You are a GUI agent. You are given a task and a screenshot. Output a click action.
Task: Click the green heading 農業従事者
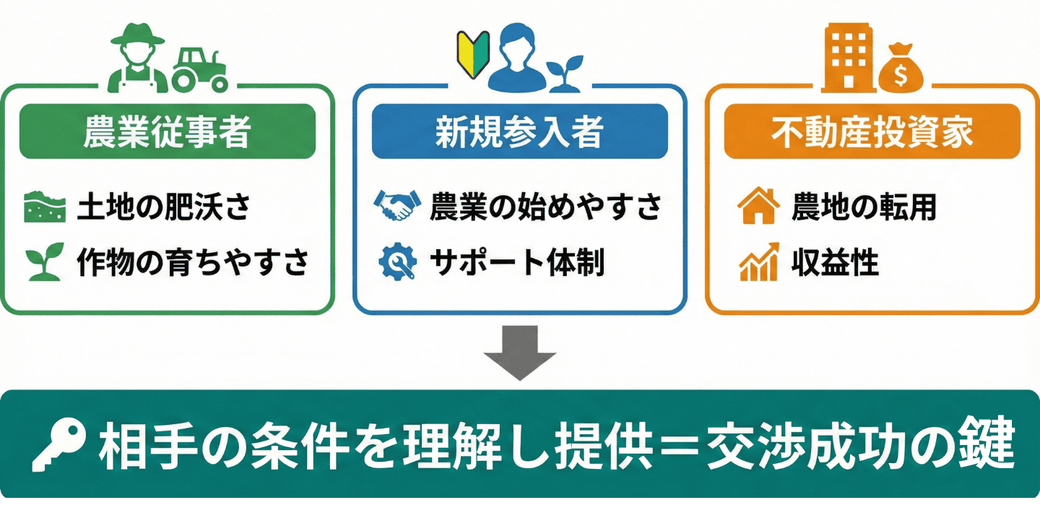(167, 132)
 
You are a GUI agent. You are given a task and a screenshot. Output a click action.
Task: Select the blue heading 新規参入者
(519, 132)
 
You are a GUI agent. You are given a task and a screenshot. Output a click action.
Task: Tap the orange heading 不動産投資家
(872, 132)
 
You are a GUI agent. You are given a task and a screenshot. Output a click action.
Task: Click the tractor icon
(199, 70)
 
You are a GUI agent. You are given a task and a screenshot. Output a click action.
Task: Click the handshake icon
(396, 206)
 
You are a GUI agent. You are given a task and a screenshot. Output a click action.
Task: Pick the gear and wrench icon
(396, 264)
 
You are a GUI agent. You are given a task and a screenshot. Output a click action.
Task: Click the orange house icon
(758, 206)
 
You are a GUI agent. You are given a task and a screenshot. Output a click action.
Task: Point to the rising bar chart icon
(758, 262)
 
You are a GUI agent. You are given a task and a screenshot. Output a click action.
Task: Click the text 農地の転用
(864, 207)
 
